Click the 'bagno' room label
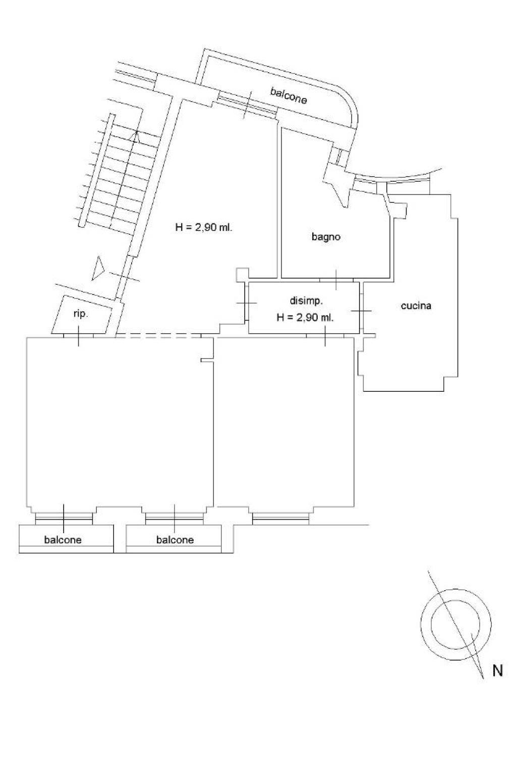(x=325, y=237)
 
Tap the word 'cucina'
(x=416, y=306)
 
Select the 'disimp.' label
(x=306, y=301)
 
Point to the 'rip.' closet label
(x=81, y=315)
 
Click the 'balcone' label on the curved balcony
(x=289, y=96)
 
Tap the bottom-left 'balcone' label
(x=63, y=540)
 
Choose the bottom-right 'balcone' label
(x=175, y=540)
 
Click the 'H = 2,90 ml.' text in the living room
(x=204, y=227)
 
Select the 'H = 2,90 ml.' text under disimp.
(x=305, y=317)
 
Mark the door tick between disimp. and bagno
(x=336, y=280)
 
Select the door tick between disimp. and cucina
(x=361, y=311)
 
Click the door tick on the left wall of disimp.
(x=247, y=303)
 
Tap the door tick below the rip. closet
(x=79, y=336)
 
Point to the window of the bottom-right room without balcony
(x=280, y=517)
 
